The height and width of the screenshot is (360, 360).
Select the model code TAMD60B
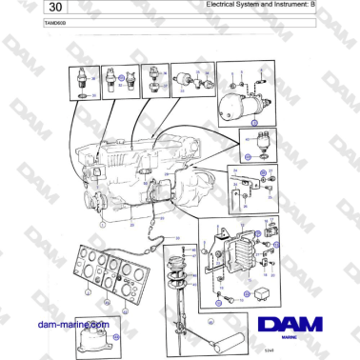[x=30, y=20]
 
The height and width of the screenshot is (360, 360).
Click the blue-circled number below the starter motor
[x=252, y=124]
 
